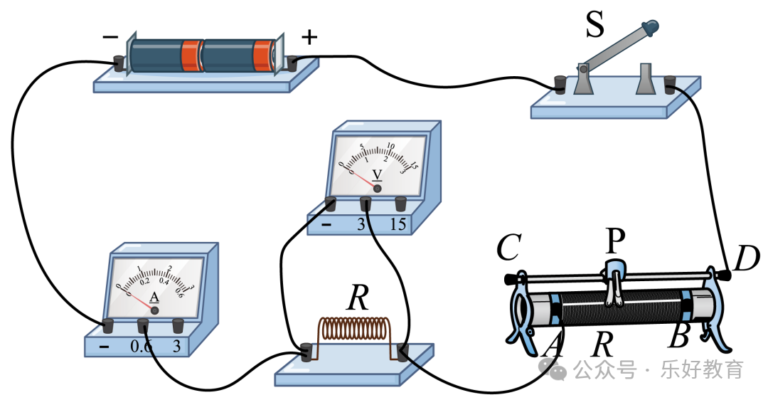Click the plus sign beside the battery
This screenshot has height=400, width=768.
pos(309,37)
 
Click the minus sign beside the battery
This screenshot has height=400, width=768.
pos(110,36)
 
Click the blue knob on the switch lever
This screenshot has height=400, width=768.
pos(650,28)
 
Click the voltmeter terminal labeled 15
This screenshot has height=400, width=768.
pos(400,204)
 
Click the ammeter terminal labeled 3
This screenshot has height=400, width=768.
pos(178,326)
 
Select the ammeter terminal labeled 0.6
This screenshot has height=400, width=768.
pos(143,326)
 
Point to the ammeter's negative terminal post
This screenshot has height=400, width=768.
pos(108,326)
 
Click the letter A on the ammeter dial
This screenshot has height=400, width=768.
pos(154,298)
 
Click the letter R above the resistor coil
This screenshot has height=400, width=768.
pos(358,300)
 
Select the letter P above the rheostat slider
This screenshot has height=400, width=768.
pos(614,242)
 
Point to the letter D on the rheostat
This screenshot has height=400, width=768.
pos(747,259)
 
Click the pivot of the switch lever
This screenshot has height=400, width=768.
pos(583,69)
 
